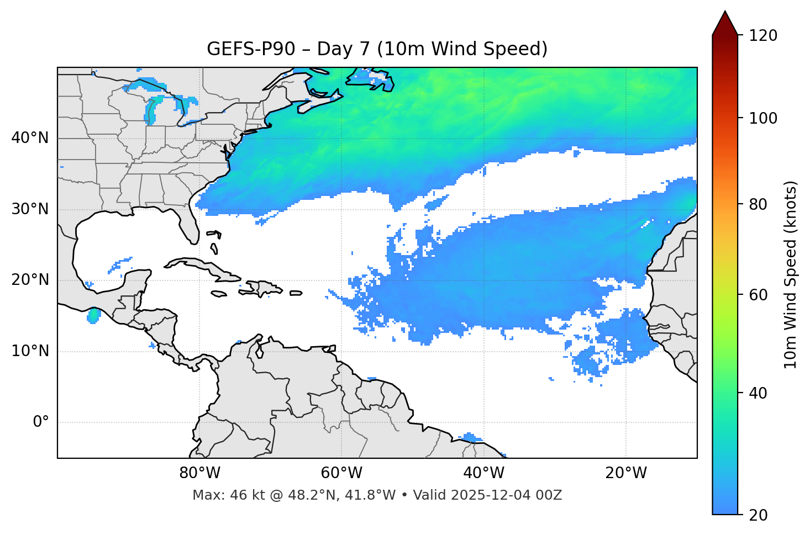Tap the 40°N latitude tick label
click(x=30, y=138)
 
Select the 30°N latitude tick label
click(x=30, y=209)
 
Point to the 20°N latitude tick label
click(x=30, y=280)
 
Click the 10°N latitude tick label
click(x=30, y=351)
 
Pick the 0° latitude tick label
click(x=41, y=422)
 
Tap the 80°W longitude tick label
click(x=200, y=473)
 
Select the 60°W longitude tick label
click(x=341, y=473)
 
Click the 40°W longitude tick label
click(x=483, y=473)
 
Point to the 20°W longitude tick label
click(x=625, y=473)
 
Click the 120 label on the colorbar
click(x=763, y=36)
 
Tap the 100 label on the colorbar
click(x=763, y=118)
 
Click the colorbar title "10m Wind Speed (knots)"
click(x=791, y=274)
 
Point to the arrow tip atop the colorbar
click(x=725, y=12)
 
